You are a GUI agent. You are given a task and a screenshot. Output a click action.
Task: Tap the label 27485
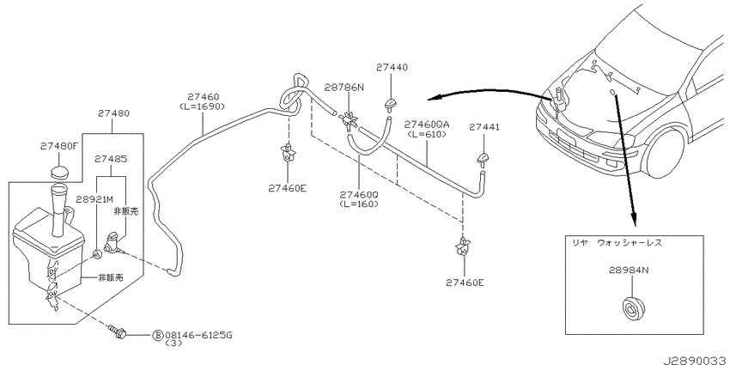pyautogui.click(x=110, y=159)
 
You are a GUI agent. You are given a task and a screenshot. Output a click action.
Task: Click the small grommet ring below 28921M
pyautogui.click(x=97, y=255)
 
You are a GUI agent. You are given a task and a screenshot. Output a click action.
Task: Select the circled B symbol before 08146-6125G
pyautogui.click(x=158, y=335)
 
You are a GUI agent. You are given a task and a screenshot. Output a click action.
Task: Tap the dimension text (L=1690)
pyautogui.click(x=202, y=106)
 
